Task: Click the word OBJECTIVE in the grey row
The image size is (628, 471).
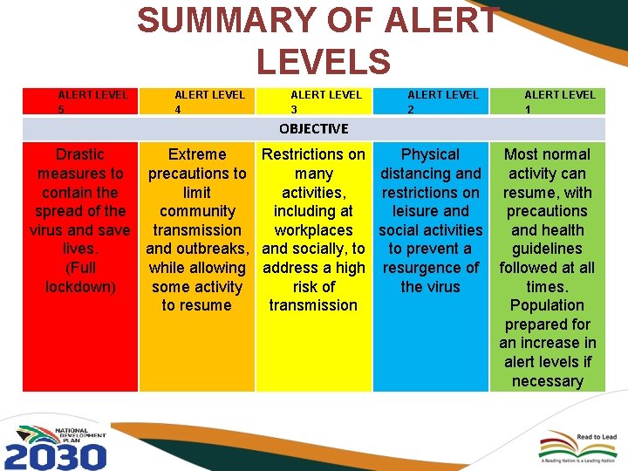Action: coord(313,129)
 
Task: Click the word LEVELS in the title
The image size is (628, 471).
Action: coord(323,61)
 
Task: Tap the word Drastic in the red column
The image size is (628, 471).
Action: coord(79,154)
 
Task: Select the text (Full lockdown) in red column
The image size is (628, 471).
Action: coord(81,277)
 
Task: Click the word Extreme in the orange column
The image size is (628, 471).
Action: coord(197,154)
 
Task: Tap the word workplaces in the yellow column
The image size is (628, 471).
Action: coord(313,230)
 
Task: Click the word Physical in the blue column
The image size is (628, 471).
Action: coord(430,154)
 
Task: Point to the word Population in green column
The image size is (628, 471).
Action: coord(547,305)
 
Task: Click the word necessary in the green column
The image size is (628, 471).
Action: coord(547,381)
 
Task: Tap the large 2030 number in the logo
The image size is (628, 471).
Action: coord(55,456)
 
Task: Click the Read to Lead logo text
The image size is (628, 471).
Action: coord(597,437)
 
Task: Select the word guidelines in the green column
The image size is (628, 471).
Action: coord(547,249)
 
